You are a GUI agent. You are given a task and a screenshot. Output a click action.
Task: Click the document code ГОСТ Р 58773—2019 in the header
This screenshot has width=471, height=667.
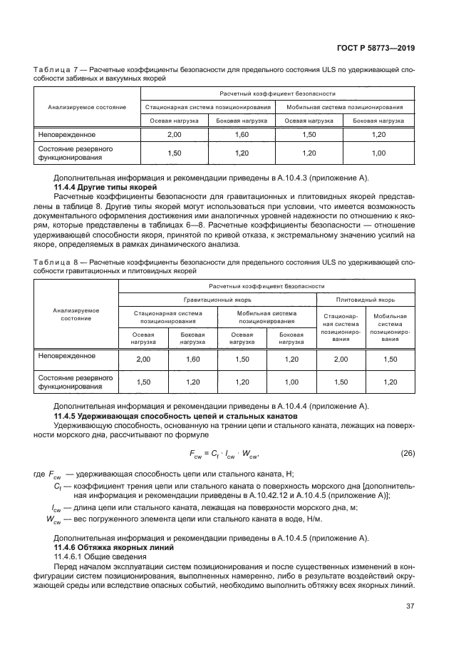coord(376,48)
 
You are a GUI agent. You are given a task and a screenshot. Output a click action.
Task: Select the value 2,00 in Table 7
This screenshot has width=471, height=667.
coord(174,134)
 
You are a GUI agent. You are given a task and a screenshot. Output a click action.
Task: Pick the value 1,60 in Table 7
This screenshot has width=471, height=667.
coord(242,134)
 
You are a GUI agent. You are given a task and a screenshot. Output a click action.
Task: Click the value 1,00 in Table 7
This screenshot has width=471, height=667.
coord(378,153)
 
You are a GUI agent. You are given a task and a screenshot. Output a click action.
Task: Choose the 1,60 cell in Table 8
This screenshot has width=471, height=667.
coord(192,359)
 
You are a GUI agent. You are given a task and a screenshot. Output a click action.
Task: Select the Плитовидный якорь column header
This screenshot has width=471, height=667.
coord(365,299)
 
